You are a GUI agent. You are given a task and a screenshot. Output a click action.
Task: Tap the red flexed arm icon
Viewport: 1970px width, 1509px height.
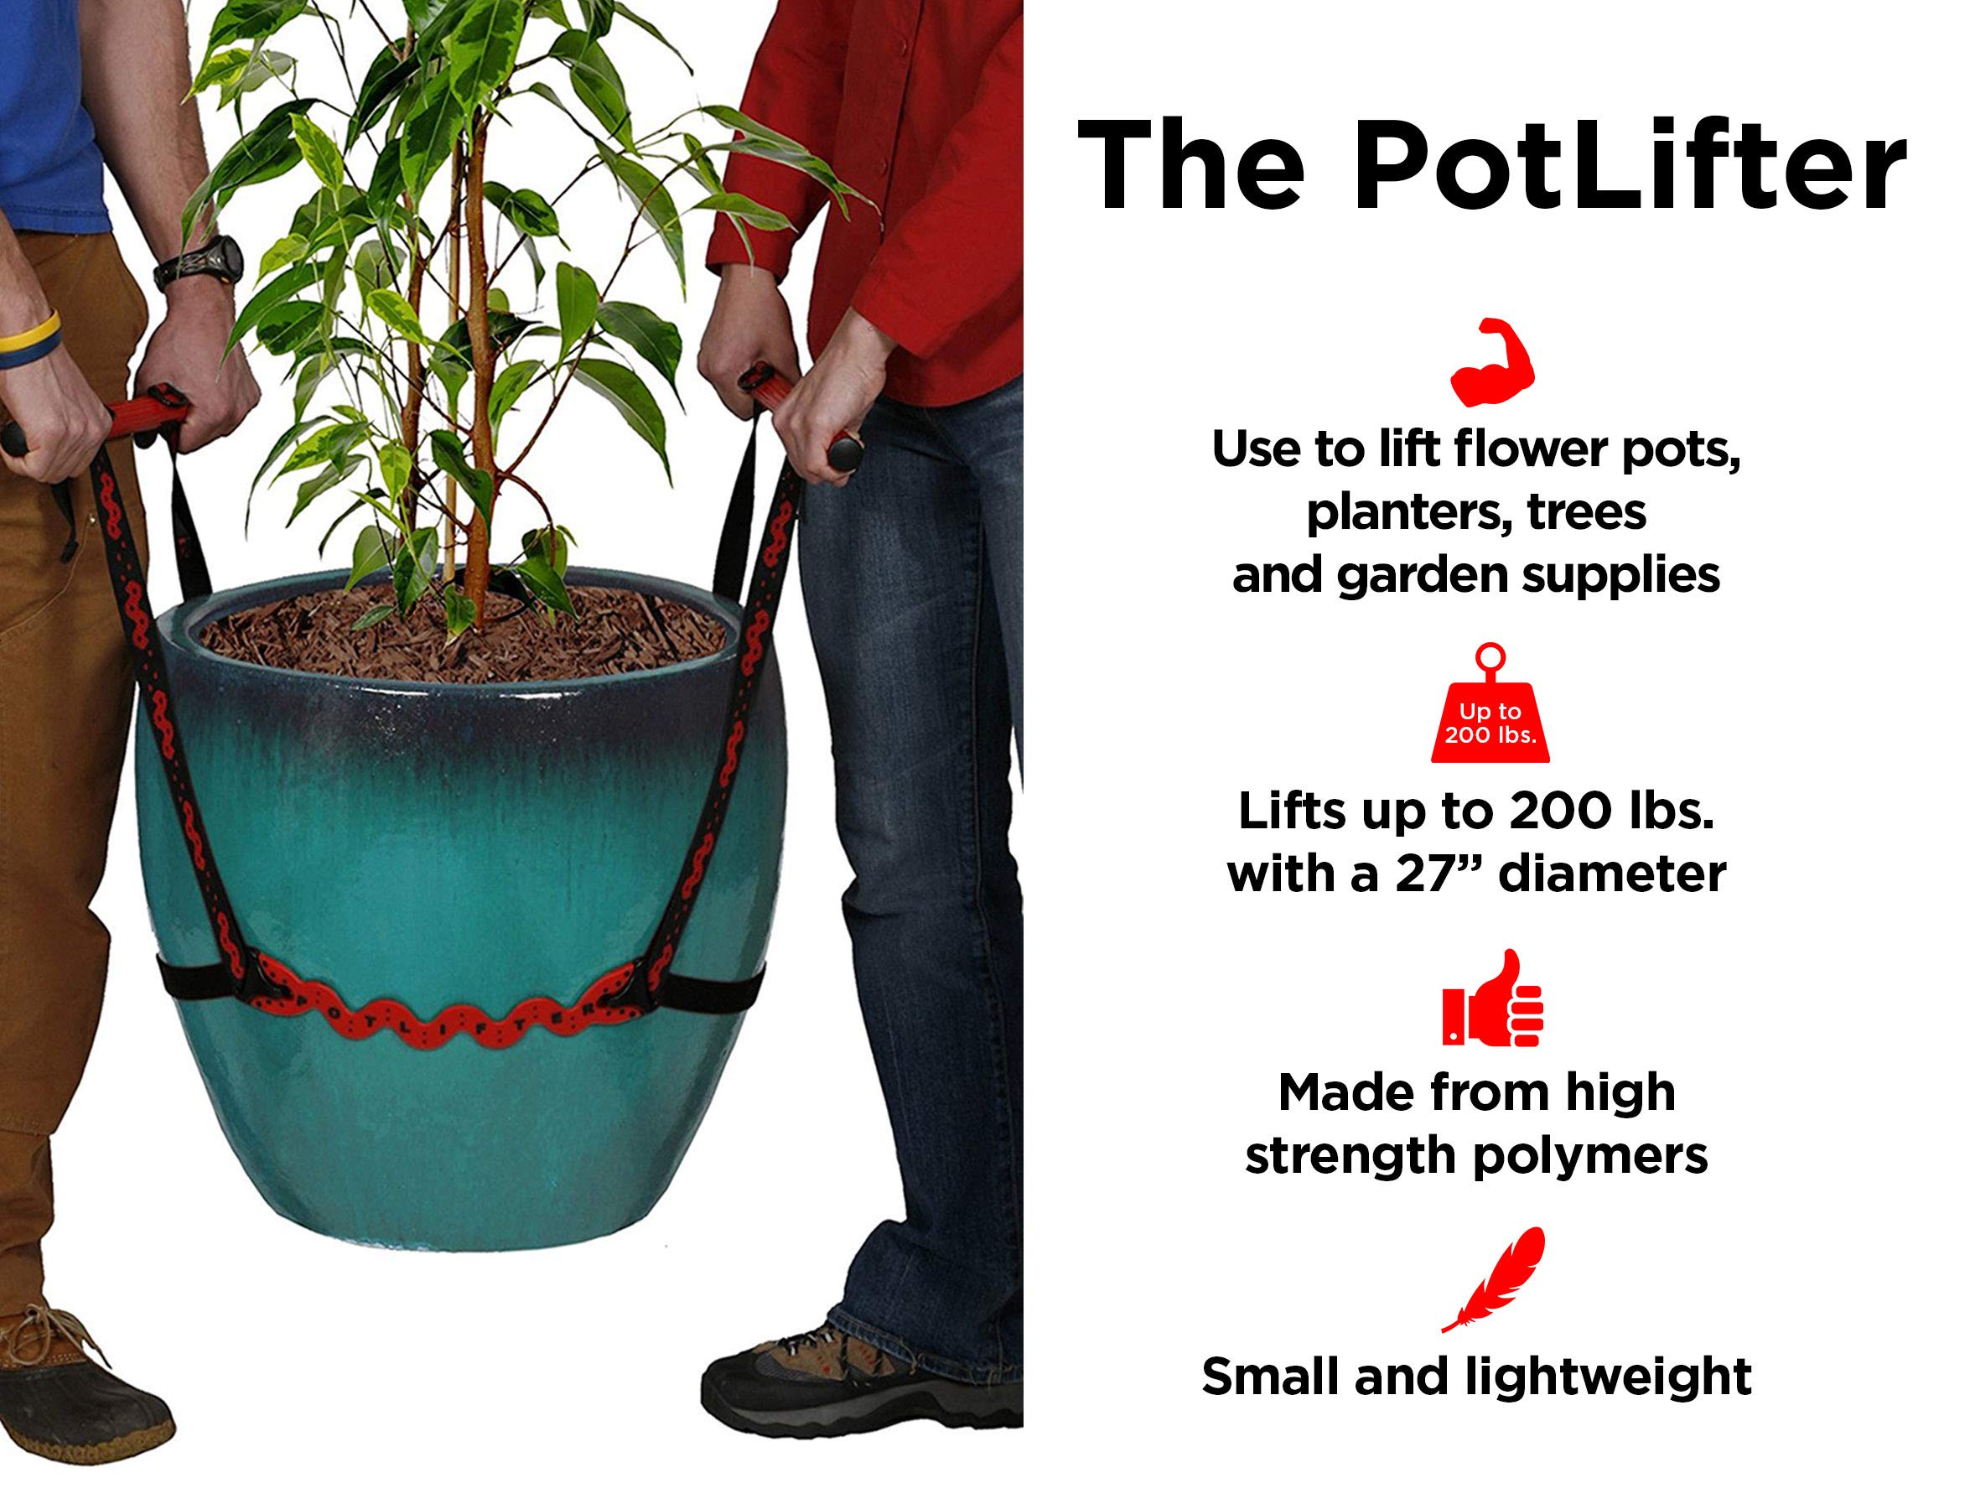pos(1492,362)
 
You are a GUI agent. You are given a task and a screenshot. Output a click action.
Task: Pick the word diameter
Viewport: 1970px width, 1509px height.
pos(1613,874)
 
